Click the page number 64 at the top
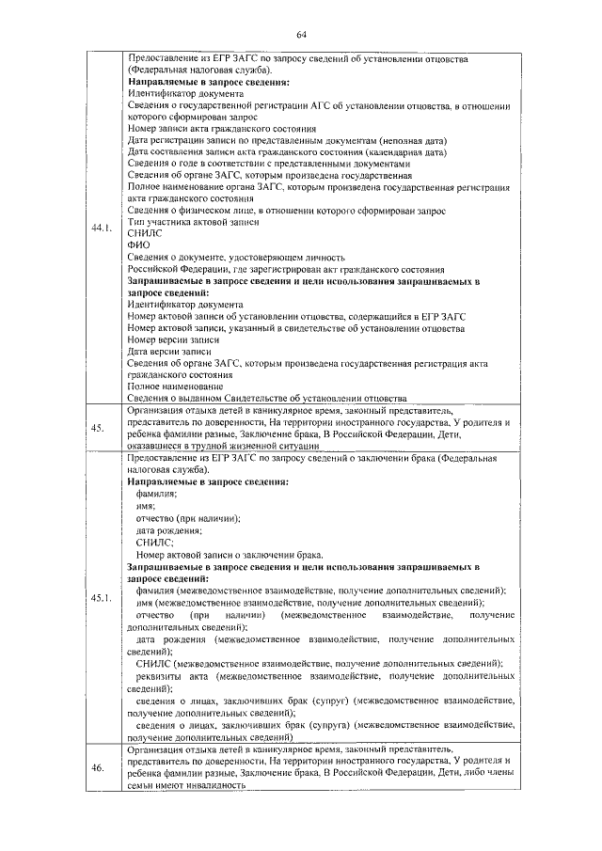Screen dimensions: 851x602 click(302, 35)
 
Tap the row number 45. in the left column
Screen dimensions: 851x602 click(98, 429)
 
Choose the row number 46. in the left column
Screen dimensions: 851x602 click(98, 769)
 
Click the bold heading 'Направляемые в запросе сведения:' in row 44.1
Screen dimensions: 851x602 click(208, 83)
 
